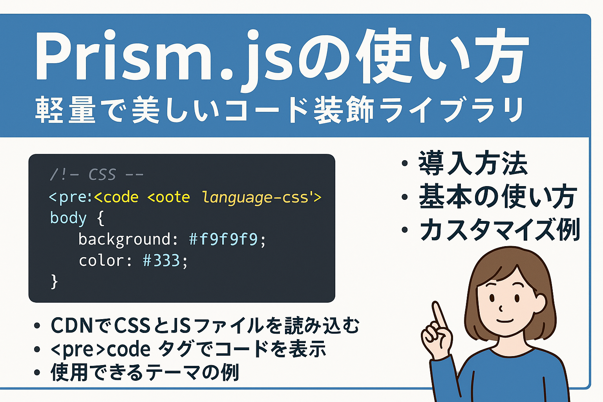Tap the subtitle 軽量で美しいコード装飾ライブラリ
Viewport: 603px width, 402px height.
point(279,110)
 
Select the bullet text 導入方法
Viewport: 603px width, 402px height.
point(473,163)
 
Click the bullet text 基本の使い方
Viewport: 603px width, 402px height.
point(498,196)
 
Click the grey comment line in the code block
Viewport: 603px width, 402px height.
point(97,175)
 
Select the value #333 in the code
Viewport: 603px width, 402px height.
point(161,261)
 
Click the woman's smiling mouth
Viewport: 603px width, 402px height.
point(505,320)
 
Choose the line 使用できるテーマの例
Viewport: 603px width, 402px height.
point(145,373)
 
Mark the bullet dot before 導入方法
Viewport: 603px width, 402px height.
point(405,163)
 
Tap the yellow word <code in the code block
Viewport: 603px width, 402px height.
point(116,197)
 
